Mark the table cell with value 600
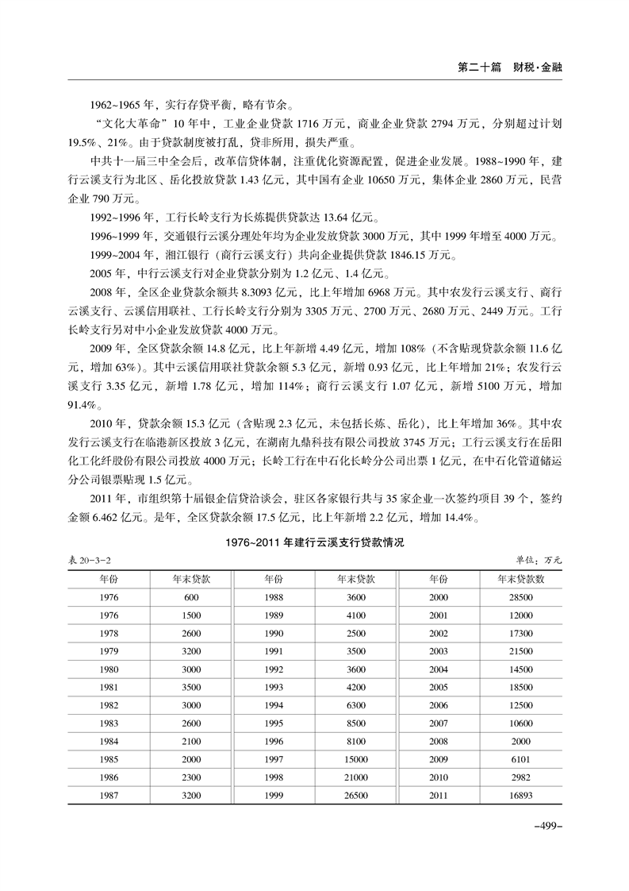click(x=191, y=597)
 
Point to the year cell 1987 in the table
click(x=110, y=795)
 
